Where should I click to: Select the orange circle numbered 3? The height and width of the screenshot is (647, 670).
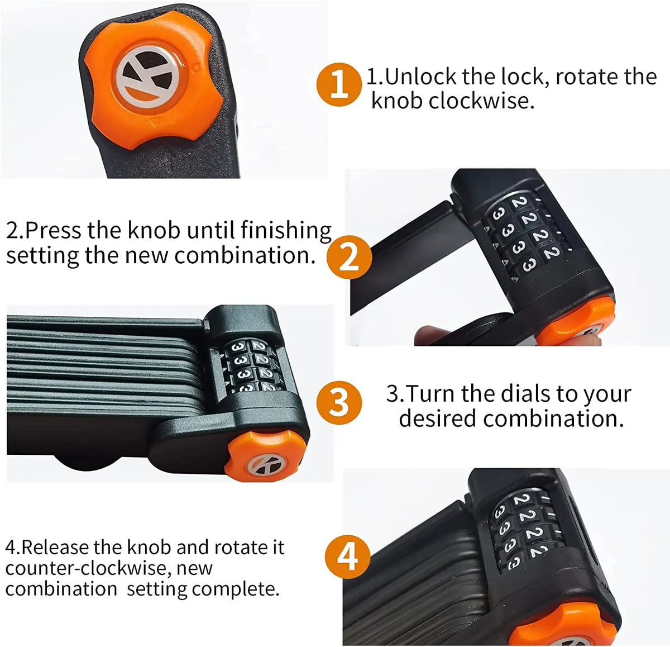pos(339,402)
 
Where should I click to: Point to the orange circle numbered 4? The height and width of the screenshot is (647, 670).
pos(348,556)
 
